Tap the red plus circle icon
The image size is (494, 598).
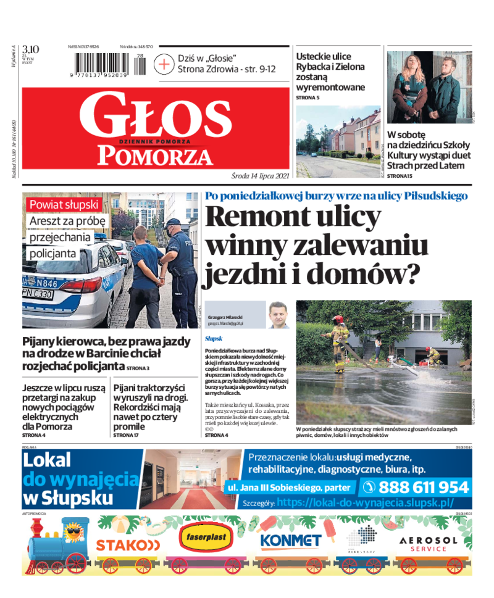(164, 64)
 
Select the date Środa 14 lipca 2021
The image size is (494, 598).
(261, 175)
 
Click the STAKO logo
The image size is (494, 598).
(128, 545)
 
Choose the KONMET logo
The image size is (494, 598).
(290, 541)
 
